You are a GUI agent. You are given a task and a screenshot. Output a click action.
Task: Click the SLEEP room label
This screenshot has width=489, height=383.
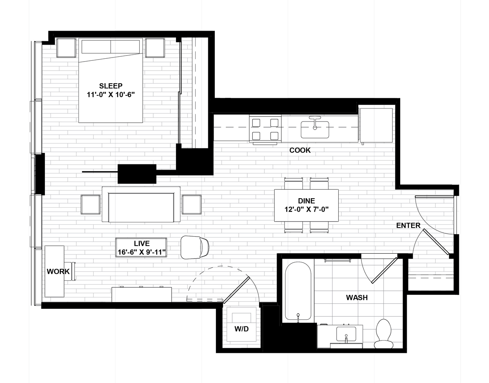(111, 86)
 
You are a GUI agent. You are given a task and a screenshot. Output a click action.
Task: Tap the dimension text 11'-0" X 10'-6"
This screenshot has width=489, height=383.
(111, 95)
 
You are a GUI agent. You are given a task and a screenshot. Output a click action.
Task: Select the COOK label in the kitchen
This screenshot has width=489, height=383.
(300, 150)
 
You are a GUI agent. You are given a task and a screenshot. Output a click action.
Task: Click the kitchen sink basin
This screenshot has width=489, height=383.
(315, 129)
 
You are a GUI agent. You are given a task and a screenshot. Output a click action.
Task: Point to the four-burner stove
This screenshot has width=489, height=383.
(265, 129)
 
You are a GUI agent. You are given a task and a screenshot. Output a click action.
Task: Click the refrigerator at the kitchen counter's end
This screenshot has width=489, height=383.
(376, 125)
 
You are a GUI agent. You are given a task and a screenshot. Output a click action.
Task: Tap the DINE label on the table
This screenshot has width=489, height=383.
(306, 201)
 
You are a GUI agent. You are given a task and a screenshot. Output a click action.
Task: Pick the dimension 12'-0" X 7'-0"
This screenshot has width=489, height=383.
(306, 209)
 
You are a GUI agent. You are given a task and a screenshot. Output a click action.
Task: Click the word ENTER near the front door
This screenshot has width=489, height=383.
(408, 226)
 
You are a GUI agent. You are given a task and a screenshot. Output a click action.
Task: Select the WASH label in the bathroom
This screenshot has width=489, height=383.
(357, 297)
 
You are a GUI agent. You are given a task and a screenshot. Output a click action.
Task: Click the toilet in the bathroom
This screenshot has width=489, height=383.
(383, 334)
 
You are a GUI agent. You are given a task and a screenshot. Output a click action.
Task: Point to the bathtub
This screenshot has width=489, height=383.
(298, 291)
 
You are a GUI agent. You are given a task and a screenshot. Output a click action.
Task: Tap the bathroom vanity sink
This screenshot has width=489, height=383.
(346, 334)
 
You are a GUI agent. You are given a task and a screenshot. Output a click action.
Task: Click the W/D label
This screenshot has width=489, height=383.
(242, 329)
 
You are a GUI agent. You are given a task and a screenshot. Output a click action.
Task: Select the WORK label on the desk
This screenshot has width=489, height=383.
(58, 272)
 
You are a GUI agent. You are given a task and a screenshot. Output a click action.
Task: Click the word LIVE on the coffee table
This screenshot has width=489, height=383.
(141, 244)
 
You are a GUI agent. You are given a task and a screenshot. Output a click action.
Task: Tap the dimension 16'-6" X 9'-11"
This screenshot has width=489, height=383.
(141, 252)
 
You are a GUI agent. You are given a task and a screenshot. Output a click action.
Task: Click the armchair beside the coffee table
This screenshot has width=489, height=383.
(195, 248)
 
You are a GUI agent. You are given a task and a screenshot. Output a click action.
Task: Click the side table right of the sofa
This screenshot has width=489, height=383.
(192, 205)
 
